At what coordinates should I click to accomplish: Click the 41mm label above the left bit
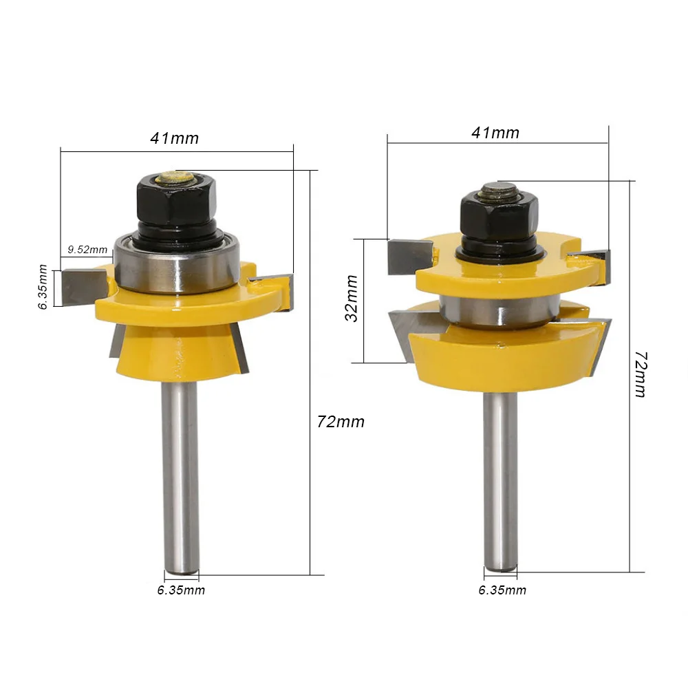click(174, 138)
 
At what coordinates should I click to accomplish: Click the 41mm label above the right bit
click(495, 133)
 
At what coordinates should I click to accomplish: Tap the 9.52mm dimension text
click(87, 250)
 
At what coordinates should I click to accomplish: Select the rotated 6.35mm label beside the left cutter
click(43, 287)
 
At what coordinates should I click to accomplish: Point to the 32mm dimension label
click(352, 299)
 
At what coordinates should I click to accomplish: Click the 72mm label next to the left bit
click(341, 422)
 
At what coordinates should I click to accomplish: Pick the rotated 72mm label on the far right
click(641, 374)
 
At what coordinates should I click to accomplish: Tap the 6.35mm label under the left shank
click(181, 590)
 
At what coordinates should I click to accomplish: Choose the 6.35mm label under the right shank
click(502, 590)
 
